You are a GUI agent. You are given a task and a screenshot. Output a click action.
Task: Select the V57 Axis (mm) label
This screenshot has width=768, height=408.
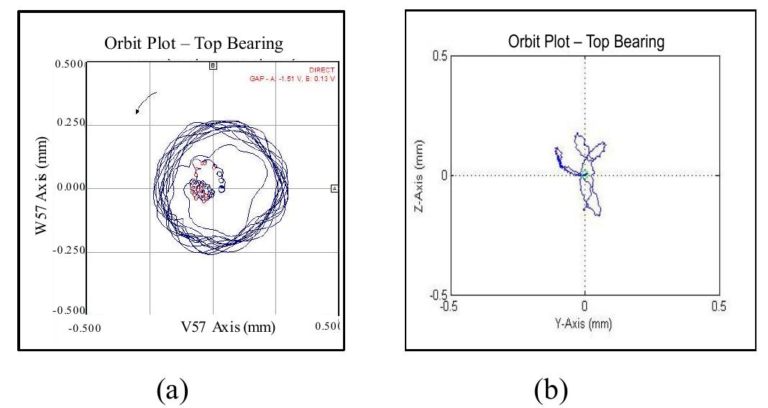pos(228,328)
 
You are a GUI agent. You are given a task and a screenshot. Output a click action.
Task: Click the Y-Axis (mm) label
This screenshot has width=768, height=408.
pos(585,323)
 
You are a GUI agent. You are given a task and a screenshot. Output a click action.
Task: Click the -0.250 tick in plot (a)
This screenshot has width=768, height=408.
pos(70,251)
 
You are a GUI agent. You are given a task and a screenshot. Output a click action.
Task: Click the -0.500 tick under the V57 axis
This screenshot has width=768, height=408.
pos(84,328)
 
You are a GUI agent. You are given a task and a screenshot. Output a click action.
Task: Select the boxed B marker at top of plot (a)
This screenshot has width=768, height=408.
pos(213,65)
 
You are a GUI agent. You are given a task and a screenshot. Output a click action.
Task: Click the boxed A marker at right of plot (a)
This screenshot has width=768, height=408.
pos(334,188)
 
